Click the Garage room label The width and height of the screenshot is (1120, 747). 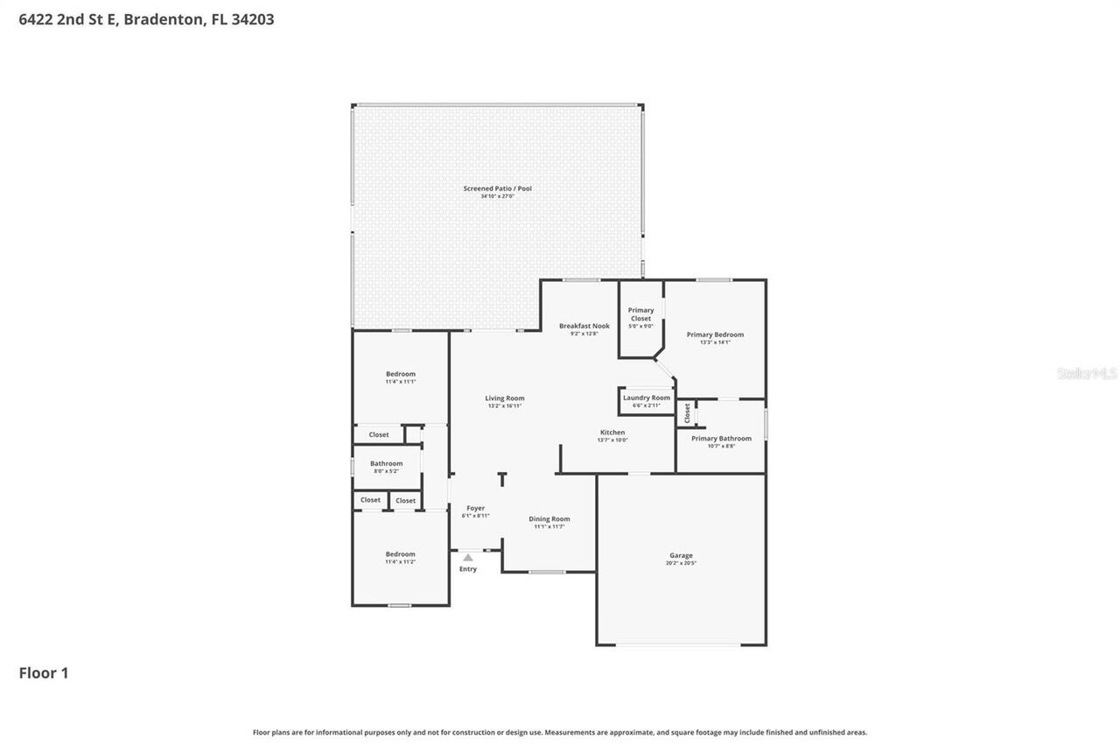coord(681,555)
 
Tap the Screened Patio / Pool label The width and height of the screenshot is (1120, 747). coord(497,188)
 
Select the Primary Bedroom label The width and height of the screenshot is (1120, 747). coord(715,335)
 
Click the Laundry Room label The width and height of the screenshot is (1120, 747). coord(647,398)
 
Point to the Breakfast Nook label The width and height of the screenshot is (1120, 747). coord(584,326)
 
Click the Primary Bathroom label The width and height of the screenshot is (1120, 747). coord(721,438)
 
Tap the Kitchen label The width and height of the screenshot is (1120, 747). coord(612,433)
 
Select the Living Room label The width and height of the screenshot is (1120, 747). coord(505,398)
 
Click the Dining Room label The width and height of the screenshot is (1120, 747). coord(549,519)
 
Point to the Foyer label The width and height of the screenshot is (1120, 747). coord(475,508)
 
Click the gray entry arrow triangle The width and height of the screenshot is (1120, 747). coord(468,557)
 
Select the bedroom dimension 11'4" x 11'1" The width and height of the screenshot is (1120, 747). coord(401,382)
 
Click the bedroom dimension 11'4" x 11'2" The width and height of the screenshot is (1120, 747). coord(401,561)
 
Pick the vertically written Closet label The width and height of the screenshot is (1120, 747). coord(688,412)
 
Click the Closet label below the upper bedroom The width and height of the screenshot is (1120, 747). coord(379,434)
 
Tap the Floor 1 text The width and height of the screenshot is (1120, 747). coord(44,673)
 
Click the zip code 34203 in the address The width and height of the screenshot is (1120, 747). coord(253,19)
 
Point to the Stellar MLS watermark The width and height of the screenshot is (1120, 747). coord(1087,373)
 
